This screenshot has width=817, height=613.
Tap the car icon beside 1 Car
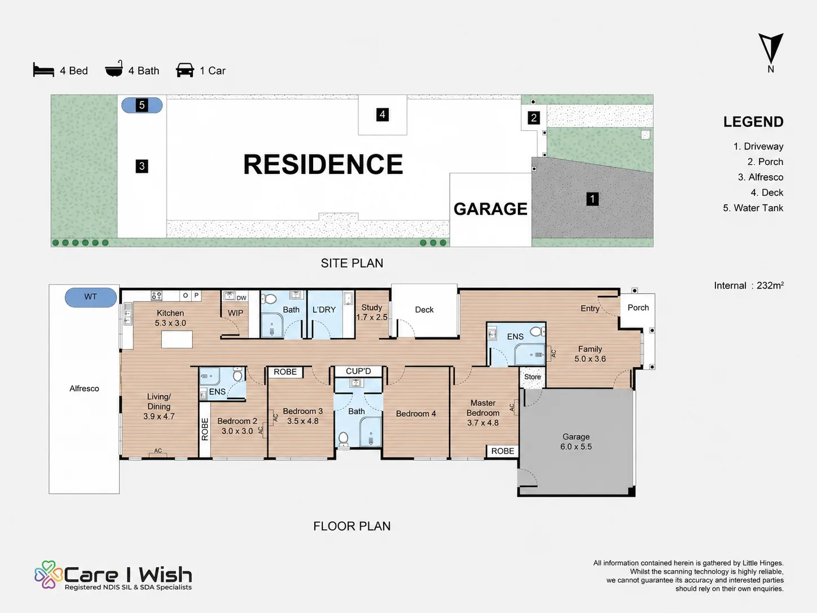click(x=185, y=70)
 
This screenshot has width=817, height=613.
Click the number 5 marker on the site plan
click(x=142, y=105)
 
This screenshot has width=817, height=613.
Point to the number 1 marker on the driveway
click(x=592, y=199)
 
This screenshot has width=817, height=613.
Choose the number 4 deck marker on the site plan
click(x=382, y=115)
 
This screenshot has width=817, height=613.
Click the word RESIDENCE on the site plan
click(x=323, y=164)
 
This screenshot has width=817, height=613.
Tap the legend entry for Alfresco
click(x=761, y=177)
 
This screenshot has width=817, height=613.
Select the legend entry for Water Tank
click(x=753, y=208)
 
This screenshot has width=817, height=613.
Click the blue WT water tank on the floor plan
click(x=91, y=297)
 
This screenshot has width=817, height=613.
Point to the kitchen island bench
click(x=177, y=339)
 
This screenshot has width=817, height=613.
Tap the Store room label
click(x=532, y=376)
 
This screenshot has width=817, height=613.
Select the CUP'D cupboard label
click(x=358, y=371)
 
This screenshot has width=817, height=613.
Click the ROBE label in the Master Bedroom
click(x=503, y=451)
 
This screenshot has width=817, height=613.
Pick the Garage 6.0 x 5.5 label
click(x=576, y=441)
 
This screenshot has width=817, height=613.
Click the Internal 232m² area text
click(x=749, y=286)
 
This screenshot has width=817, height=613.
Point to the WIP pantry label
click(x=235, y=313)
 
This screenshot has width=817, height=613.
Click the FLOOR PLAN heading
click(x=352, y=526)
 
